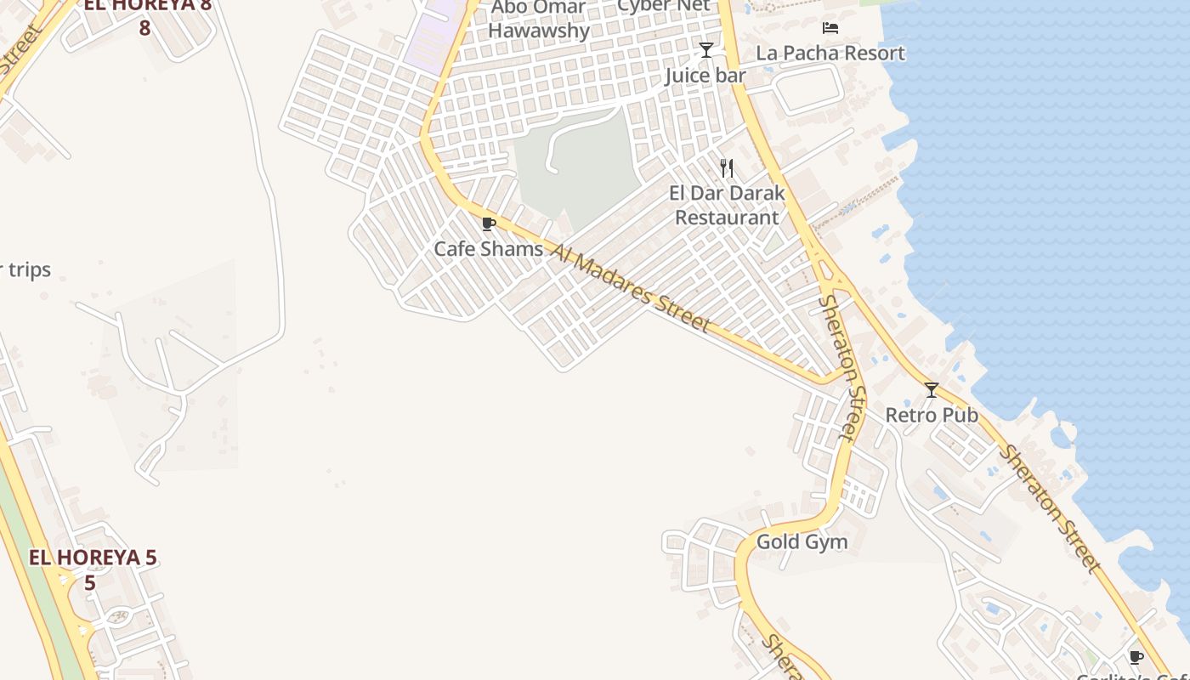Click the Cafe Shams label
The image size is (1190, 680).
click(488, 249)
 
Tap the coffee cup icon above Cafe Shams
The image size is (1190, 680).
click(488, 224)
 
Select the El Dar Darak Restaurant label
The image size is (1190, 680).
click(727, 205)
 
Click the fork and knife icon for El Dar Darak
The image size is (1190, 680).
click(727, 168)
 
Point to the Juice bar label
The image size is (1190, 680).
click(705, 76)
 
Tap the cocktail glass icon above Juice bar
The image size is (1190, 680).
click(705, 50)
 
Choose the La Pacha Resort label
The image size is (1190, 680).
click(830, 53)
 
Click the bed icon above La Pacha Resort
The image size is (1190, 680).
click(830, 28)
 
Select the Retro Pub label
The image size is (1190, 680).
click(932, 415)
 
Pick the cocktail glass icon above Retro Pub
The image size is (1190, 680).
click(932, 390)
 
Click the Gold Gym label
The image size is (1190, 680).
click(802, 541)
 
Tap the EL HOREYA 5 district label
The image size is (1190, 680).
click(93, 558)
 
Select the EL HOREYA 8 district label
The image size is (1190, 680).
click(146, 7)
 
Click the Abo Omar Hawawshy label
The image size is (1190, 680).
click(539, 20)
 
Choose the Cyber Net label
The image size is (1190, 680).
click(663, 6)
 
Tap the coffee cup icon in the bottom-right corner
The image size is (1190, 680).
click(1136, 657)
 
